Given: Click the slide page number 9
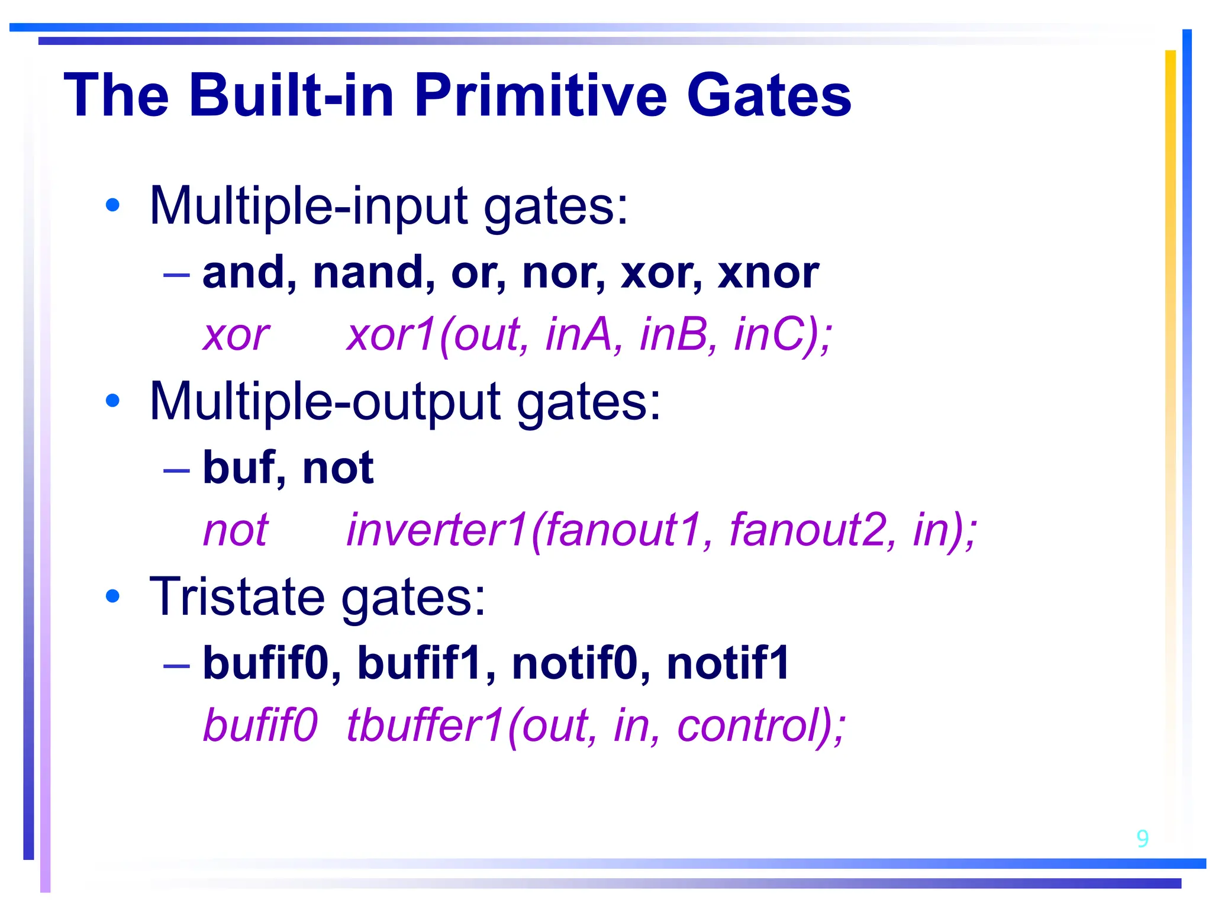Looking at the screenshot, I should tap(1142, 839).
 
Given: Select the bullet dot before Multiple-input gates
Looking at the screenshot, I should tap(112, 205).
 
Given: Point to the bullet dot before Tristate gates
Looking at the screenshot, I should tap(112, 596).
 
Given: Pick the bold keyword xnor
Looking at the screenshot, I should tap(768, 273).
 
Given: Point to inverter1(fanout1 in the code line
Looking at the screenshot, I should tap(524, 530).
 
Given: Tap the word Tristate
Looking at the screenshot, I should tap(237, 597).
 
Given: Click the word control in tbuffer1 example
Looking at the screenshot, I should tap(752, 726).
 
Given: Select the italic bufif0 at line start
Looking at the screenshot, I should tap(260, 726).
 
